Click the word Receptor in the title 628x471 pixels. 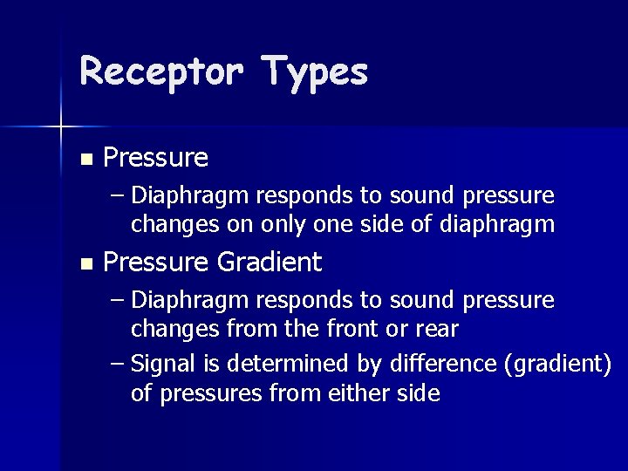[160, 71]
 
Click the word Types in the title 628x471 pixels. [314, 72]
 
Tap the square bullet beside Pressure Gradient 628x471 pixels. [85, 263]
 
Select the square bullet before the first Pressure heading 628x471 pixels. [85, 159]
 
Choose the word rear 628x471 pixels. [438, 330]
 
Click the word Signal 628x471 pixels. [161, 364]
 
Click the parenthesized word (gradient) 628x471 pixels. [558, 364]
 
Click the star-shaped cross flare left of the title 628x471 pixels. [60, 127]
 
